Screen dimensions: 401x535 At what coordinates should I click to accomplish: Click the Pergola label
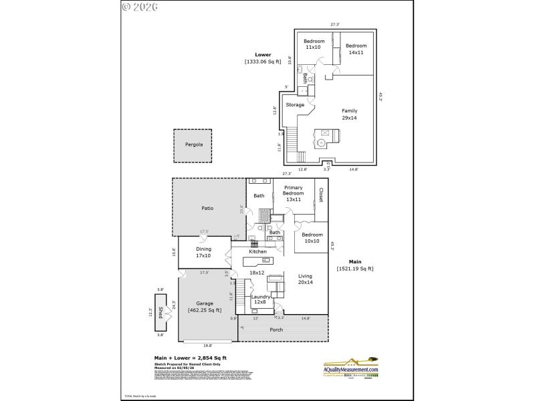pyautogui.click(x=193, y=144)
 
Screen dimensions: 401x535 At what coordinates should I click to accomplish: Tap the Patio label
pyautogui.click(x=207, y=209)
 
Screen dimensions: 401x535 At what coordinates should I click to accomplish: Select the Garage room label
pyautogui.click(x=205, y=306)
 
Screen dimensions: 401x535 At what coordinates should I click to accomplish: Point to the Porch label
pyautogui.click(x=276, y=329)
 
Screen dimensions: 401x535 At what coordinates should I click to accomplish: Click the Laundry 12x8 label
pyautogui.click(x=261, y=299)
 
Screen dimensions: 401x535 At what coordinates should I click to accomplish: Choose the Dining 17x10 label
pyautogui.click(x=203, y=252)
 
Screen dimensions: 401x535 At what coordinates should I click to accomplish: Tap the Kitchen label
pyautogui.click(x=257, y=251)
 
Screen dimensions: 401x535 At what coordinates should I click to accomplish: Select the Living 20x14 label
pyautogui.click(x=305, y=279)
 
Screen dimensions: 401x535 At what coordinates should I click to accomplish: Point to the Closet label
pyautogui.click(x=321, y=195)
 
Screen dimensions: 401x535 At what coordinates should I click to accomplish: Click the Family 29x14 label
pyautogui.click(x=349, y=114)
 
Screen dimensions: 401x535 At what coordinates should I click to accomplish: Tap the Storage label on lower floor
pyautogui.click(x=295, y=105)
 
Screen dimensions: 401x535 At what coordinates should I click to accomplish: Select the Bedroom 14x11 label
pyautogui.click(x=356, y=49)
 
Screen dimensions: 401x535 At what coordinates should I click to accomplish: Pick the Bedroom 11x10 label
pyautogui.click(x=314, y=44)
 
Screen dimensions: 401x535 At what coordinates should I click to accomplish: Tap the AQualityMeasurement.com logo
pyautogui.click(x=352, y=368)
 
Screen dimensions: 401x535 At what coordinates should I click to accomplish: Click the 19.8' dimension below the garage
pyautogui.click(x=207, y=346)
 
